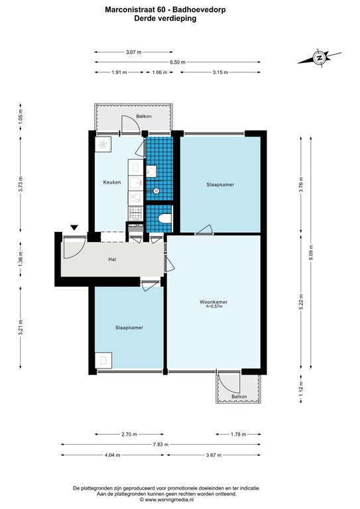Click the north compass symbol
(x=320, y=58)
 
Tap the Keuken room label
(x=112, y=182)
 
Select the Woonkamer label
(x=213, y=302)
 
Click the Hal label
(x=112, y=259)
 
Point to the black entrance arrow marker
(x=74, y=227)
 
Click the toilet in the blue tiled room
(x=164, y=219)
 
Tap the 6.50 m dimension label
(x=178, y=62)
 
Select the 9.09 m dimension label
(x=311, y=253)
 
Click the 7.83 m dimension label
(x=160, y=445)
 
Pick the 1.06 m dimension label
(x=160, y=72)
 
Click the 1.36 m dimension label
(x=21, y=260)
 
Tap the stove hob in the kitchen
(x=136, y=213)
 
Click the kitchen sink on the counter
(x=136, y=183)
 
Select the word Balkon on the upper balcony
(x=144, y=116)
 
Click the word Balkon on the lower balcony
(x=239, y=396)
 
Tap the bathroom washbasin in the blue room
(x=151, y=171)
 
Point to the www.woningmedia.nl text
(x=170, y=500)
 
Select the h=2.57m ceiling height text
(x=214, y=306)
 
